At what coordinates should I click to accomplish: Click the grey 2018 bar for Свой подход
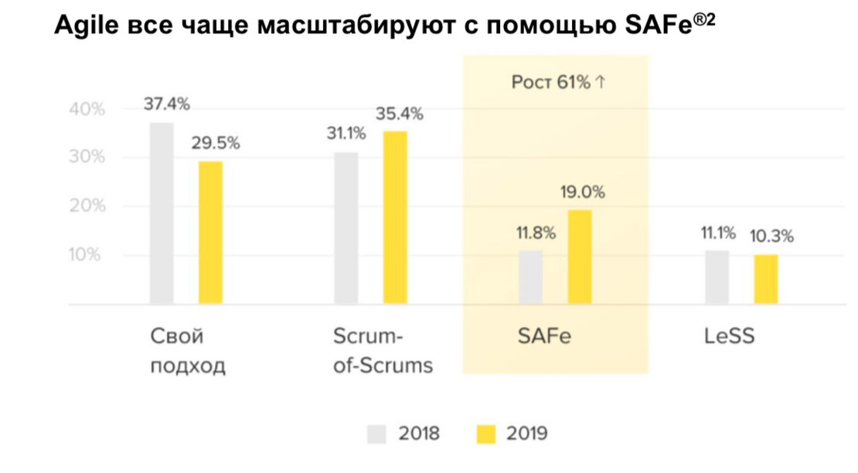pyautogui.click(x=162, y=213)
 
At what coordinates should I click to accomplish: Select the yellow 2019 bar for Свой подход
pyautogui.click(x=210, y=233)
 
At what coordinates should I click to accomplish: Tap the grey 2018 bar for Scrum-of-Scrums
pyautogui.click(x=346, y=229)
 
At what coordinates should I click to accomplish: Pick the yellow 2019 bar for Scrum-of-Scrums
pyautogui.click(x=395, y=218)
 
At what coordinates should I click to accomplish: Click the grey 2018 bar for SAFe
pyautogui.click(x=530, y=277)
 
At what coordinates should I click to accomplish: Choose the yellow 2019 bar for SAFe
pyautogui.click(x=580, y=257)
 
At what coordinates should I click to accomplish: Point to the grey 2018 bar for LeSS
pyautogui.click(x=717, y=277)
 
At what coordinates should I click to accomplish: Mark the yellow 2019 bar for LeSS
pyautogui.click(x=766, y=279)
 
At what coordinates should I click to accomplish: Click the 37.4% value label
pyautogui.click(x=167, y=104)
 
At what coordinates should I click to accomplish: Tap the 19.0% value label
pyautogui.click(x=582, y=192)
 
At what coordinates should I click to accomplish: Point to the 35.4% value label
pyautogui.click(x=399, y=114)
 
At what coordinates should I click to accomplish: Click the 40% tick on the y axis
pyautogui.click(x=87, y=110)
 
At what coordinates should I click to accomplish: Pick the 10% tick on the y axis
pyautogui.click(x=87, y=255)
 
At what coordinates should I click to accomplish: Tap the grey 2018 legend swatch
pyautogui.click(x=376, y=434)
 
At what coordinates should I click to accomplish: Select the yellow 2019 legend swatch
pyautogui.click(x=485, y=434)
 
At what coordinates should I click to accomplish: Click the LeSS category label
pyautogui.click(x=729, y=337)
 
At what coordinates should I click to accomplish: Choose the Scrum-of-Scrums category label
pyautogui.click(x=383, y=351)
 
